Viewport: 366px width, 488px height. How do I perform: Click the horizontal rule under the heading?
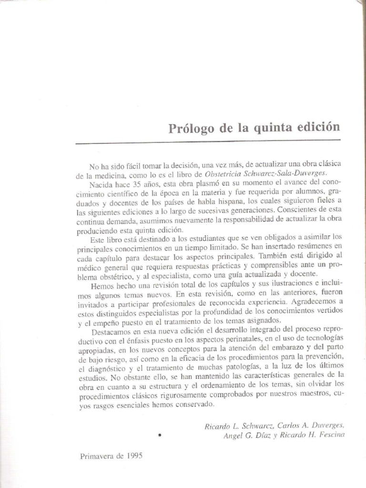click(x=207, y=142)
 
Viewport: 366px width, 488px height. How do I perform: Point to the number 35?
click(x=138, y=183)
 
